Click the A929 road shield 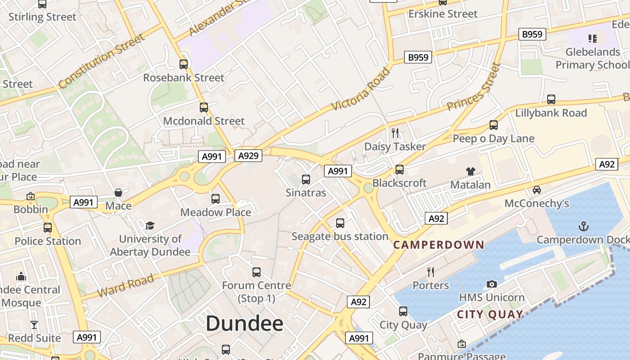[x=248, y=156]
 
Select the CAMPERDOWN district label [x=439, y=245]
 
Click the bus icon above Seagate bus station [x=340, y=223]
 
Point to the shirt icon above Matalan [x=470, y=171]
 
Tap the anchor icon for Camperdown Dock [x=583, y=226]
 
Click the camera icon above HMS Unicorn [x=492, y=284]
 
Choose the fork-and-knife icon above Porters [x=431, y=272]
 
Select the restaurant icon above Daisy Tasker [x=395, y=133]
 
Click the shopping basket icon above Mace [x=118, y=193]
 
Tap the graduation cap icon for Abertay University [x=150, y=225]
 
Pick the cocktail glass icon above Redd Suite [x=34, y=324]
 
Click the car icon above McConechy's [x=537, y=190]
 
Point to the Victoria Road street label [x=360, y=89]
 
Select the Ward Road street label [x=126, y=285]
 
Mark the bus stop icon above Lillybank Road [x=551, y=99]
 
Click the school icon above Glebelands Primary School [x=592, y=39]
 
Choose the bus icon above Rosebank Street [x=184, y=64]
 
